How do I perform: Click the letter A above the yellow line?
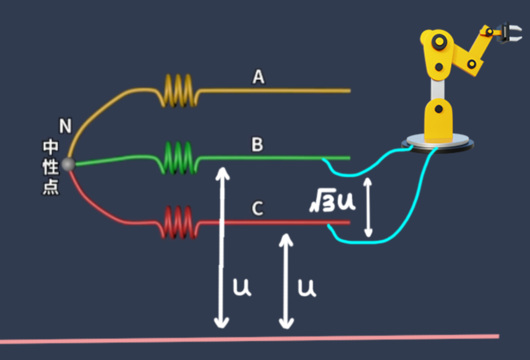258,77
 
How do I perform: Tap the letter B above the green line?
257,145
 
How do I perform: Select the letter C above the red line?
258,209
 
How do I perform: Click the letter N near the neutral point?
65,126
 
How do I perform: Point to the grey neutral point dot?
68,164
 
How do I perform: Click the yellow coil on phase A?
180,90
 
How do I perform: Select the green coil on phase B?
180,158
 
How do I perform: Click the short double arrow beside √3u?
368,207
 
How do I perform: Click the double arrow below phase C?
286,281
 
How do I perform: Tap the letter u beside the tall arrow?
242,288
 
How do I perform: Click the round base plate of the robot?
438,143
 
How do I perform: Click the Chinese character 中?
51,147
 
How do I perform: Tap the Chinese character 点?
51,188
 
